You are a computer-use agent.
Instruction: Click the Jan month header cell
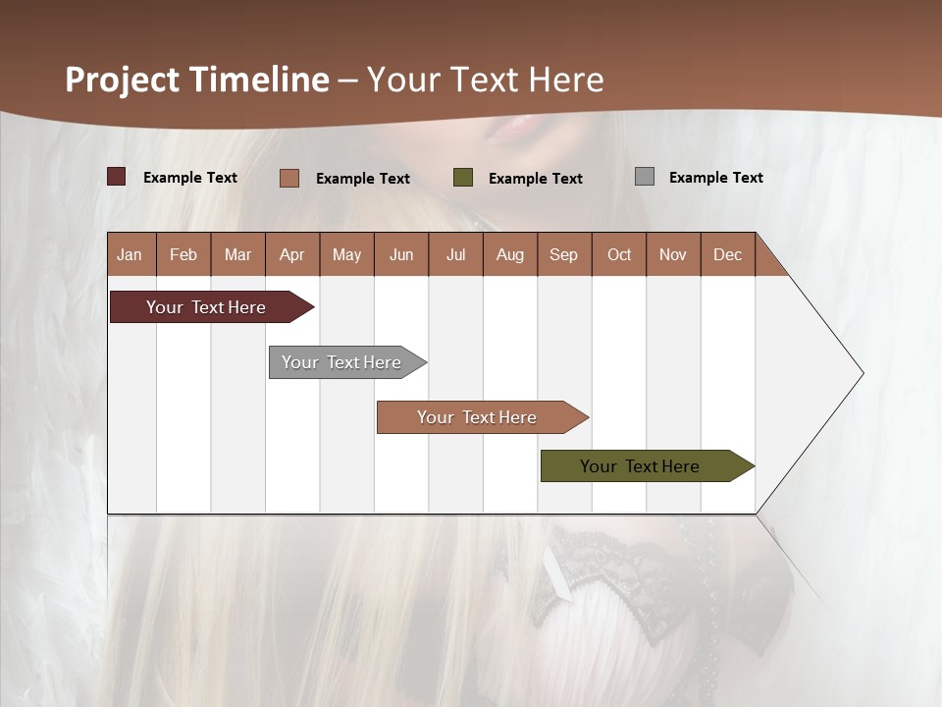131,254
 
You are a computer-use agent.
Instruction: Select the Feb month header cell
183,254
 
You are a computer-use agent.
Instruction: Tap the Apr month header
292,254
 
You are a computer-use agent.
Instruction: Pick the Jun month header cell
401,254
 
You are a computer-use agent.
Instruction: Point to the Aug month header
510,254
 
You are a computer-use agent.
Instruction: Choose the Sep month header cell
564,254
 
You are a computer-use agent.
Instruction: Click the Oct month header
619,254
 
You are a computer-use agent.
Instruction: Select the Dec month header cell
728,254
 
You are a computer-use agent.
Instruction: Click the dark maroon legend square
117,177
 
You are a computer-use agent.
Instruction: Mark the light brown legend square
289,178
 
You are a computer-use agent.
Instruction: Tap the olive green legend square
463,177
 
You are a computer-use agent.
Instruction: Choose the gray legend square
645,177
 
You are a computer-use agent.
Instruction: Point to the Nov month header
673,254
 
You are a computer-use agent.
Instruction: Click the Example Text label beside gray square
715,177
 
